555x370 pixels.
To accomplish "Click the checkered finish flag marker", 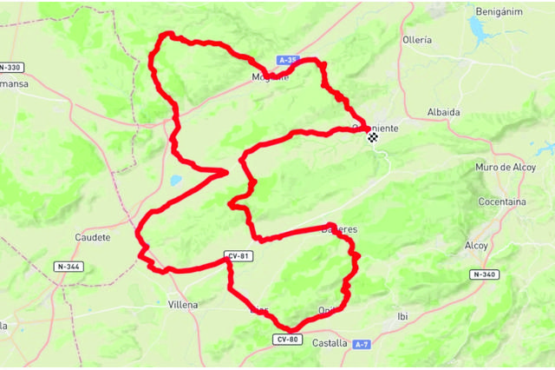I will (372, 136).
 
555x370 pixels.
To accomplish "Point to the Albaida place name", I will (443, 112).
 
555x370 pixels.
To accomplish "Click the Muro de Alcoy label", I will (506, 166).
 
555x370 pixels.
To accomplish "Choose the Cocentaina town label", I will (502, 202).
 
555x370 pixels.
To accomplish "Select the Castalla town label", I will (330, 343).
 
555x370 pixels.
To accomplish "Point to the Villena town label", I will (182, 305).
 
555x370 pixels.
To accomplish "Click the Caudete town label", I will (93, 236).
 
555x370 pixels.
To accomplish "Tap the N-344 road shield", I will (68, 266).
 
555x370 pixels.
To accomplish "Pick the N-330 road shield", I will (10, 67).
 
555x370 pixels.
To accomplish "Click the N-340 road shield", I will (484, 274).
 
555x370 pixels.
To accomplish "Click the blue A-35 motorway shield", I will (289, 60).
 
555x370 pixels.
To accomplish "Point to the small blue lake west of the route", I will (176, 182).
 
